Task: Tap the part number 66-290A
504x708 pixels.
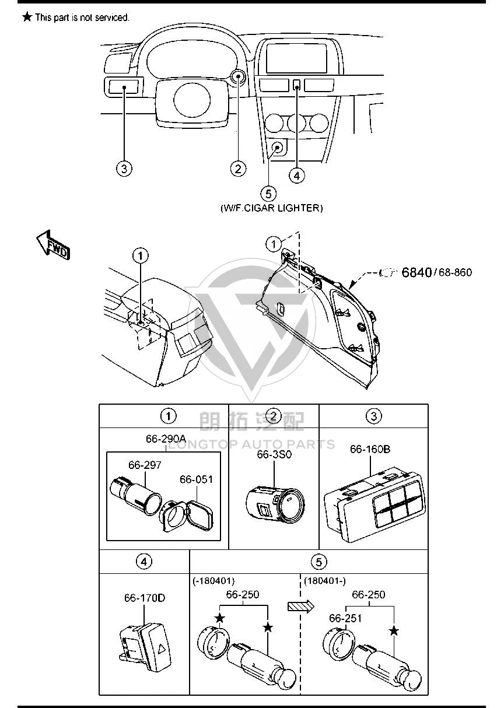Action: (x=166, y=439)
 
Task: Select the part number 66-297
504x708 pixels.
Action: (x=145, y=465)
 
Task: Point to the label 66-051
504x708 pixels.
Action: (x=196, y=479)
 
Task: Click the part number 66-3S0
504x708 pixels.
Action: (x=274, y=454)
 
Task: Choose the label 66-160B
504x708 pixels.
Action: (x=370, y=449)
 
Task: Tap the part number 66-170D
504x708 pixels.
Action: (x=145, y=598)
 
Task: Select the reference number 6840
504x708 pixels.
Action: (x=416, y=272)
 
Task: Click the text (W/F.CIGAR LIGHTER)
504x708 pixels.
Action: (x=272, y=208)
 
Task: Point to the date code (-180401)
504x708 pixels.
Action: (x=213, y=581)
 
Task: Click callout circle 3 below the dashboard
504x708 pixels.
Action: (x=124, y=169)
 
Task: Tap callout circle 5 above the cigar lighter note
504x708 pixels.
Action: (x=268, y=194)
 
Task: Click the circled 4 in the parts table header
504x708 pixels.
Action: (x=144, y=562)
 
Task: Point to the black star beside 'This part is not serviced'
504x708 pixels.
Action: (x=27, y=17)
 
